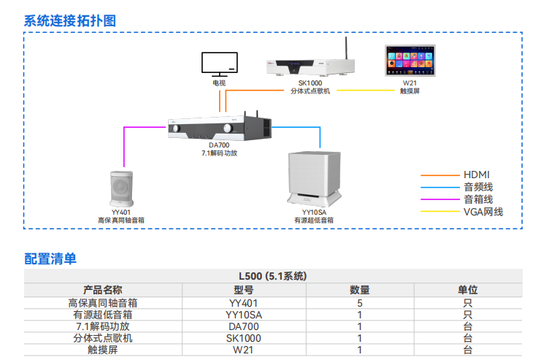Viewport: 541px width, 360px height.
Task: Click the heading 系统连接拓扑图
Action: point(70,20)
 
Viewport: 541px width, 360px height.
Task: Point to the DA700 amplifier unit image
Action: point(219,128)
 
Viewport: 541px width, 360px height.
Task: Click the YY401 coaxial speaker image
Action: point(120,188)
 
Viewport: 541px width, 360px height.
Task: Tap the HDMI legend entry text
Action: point(477,175)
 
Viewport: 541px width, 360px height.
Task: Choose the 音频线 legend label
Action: point(478,187)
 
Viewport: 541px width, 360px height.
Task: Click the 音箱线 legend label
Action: point(478,199)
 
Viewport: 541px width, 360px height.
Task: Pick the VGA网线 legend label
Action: point(483,212)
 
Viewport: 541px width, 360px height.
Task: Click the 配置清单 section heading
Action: point(50,258)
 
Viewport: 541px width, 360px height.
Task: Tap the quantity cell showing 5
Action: point(359,302)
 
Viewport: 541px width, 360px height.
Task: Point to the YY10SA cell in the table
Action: point(243,314)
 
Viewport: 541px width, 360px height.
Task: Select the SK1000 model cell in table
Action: point(243,338)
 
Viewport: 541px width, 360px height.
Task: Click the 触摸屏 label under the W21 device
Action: point(410,91)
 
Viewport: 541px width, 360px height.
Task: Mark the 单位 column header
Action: point(467,289)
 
